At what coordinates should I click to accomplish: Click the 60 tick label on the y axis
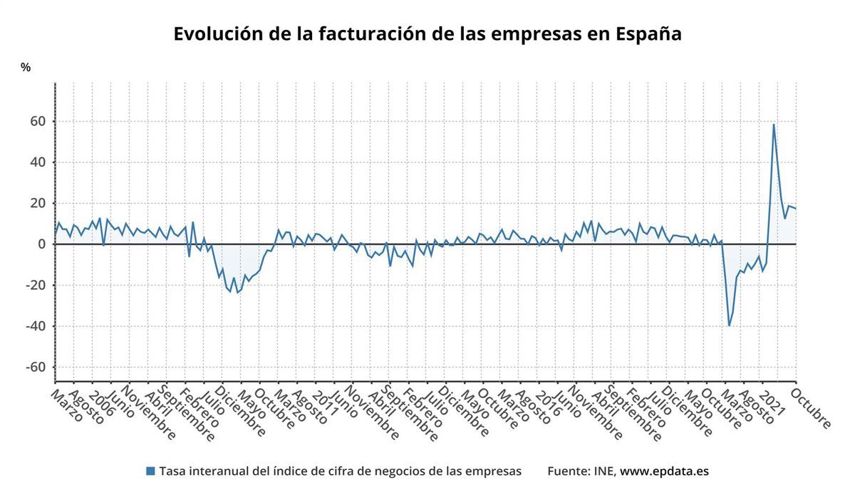(37, 122)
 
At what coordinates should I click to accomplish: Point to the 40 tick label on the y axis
(37, 162)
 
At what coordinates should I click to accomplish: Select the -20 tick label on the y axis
(35, 286)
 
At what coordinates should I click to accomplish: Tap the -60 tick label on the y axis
(35, 367)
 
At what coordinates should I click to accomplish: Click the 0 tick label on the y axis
(41, 244)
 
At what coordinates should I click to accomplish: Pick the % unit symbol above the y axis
(26, 68)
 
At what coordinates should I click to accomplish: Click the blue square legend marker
(150, 471)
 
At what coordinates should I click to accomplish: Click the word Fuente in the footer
(567, 471)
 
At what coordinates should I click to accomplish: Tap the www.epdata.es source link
(664, 471)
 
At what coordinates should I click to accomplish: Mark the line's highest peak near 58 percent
(774, 125)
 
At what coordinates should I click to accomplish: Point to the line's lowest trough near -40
(729, 325)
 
